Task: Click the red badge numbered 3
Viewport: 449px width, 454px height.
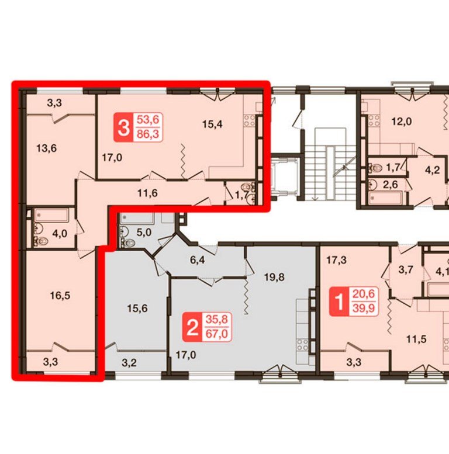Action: [x=124, y=128]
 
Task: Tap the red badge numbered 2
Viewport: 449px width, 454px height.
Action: [x=192, y=327]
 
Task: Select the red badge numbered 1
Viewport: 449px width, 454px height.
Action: [x=339, y=301]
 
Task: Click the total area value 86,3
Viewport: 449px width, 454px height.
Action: [x=148, y=134]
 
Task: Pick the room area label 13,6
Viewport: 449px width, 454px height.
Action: [x=47, y=148]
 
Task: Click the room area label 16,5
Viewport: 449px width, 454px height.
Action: [x=60, y=296]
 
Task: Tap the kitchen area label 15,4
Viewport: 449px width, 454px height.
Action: [x=212, y=124]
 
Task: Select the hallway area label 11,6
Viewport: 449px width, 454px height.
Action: [x=147, y=193]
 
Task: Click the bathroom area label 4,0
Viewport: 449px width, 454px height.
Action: [x=60, y=233]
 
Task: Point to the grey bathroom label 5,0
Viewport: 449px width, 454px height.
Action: [x=144, y=232]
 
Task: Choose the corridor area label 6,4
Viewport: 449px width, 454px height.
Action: [x=197, y=260]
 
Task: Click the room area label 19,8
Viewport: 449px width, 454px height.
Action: [x=274, y=278]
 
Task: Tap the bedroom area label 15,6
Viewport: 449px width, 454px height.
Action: [x=137, y=309]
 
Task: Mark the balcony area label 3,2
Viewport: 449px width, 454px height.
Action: [x=129, y=362]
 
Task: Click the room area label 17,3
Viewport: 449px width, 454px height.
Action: [x=336, y=260]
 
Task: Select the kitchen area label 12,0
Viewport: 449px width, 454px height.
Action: [x=402, y=122]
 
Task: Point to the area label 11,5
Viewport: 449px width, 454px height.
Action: [x=416, y=339]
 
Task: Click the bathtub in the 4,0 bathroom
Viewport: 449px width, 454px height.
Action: [x=51, y=215]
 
